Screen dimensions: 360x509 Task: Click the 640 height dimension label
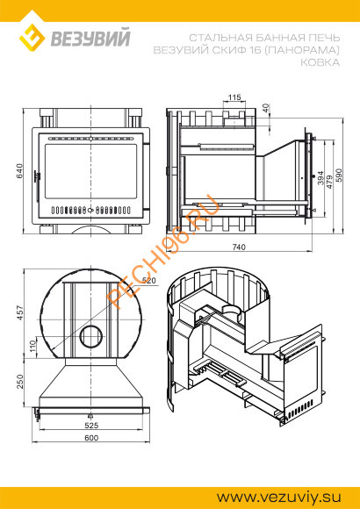[19, 172]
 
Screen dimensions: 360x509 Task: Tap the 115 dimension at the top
[234, 97]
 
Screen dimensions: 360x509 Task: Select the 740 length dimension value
[239, 247]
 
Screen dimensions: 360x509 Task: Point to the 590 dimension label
[339, 176]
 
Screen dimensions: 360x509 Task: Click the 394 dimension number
[320, 178]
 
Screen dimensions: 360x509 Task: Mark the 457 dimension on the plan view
[20, 312]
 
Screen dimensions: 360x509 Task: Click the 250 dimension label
[20, 383]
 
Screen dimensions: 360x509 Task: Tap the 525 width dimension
[91, 426]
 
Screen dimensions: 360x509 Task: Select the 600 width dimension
[91, 438]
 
